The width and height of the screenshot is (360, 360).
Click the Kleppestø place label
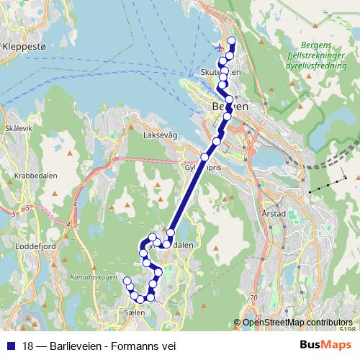pos(24,45)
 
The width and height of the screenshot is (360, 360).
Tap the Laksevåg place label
pos(160,135)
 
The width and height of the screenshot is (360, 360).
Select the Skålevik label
pos(19,127)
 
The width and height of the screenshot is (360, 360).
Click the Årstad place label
pos(275,214)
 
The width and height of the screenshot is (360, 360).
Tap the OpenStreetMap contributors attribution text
pos(297,323)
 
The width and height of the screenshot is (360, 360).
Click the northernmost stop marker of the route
pos(232,40)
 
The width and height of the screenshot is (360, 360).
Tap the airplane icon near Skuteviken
pos(219,48)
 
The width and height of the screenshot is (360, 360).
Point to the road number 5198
pos(346,330)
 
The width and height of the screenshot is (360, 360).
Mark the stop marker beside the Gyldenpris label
pos(204,156)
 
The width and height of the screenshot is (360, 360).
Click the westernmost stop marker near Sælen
pos(127,281)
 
